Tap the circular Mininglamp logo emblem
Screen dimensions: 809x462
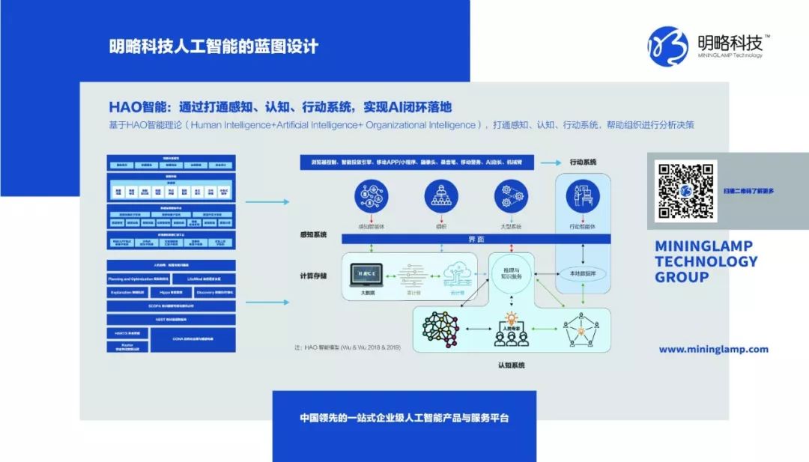[x=667, y=46]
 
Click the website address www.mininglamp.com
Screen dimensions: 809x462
[x=713, y=349]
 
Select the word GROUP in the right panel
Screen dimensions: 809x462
[x=682, y=277]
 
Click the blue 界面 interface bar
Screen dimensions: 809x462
[x=476, y=239]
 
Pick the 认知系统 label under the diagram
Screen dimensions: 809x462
[x=511, y=365]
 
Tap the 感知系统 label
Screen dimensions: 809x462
[x=312, y=235]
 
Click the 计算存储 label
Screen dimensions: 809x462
[x=312, y=276]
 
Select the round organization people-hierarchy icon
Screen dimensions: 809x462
[x=441, y=197]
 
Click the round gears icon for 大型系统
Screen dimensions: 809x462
[x=512, y=197]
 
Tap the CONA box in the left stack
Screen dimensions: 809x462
[x=193, y=339]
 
